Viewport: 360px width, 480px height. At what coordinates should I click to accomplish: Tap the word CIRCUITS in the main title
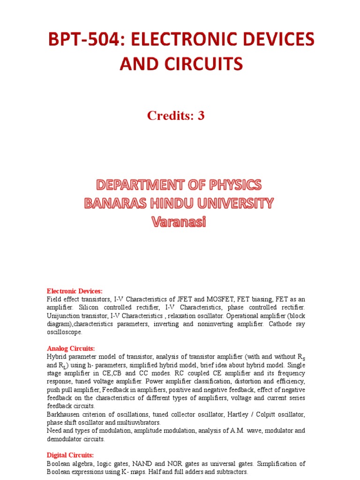[x=205, y=63]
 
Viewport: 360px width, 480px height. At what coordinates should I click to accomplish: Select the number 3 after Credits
[x=201, y=116]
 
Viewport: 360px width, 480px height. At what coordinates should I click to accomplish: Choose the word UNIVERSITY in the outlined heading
[x=232, y=203]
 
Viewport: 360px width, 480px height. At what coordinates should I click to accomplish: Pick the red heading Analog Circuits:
[x=71, y=348]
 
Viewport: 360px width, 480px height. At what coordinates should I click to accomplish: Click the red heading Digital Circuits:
[x=70, y=455]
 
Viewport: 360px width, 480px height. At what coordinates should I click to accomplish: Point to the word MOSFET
[x=203, y=299]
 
